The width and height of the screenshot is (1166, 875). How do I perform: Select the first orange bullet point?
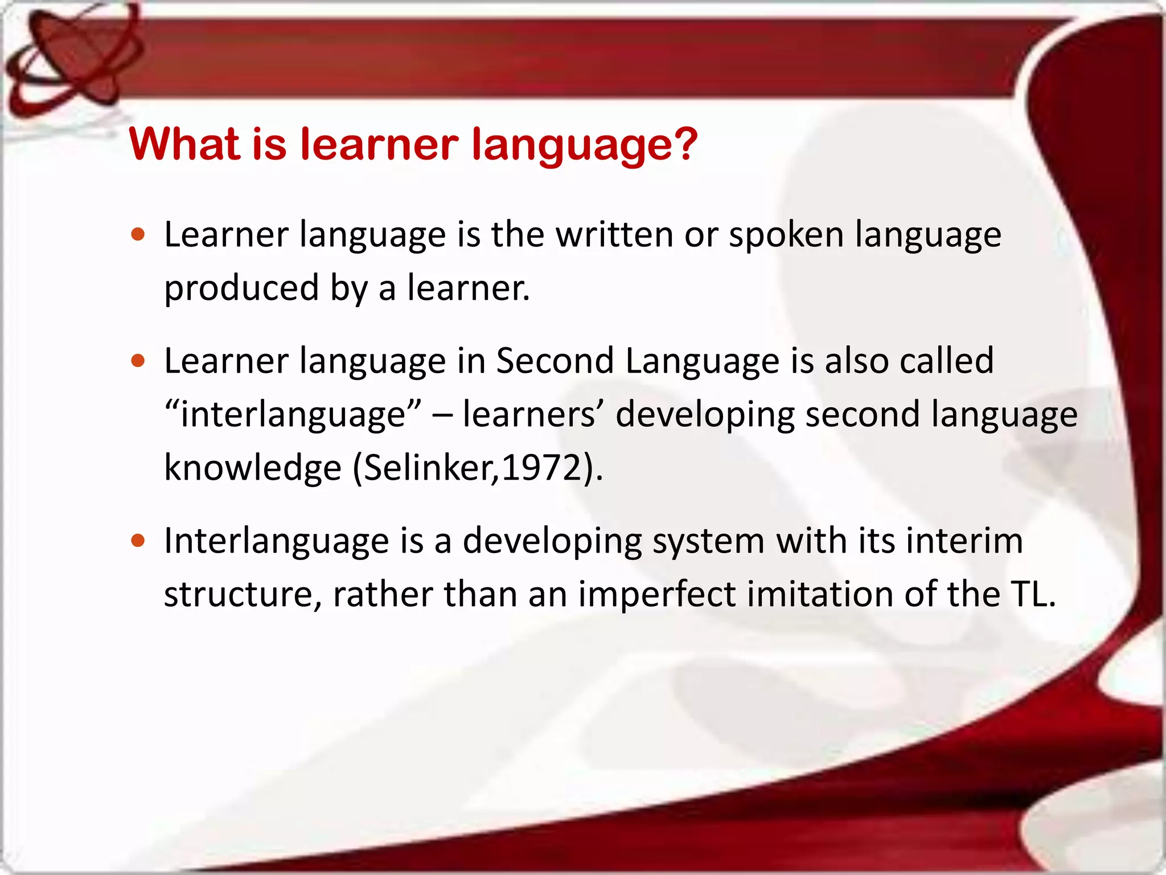point(138,234)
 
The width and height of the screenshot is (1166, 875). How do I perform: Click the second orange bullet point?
point(138,361)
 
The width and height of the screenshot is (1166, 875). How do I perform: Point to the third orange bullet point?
point(138,540)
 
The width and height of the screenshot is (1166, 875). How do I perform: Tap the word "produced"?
point(241,288)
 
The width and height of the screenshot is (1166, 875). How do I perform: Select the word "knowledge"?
point(252,468)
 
